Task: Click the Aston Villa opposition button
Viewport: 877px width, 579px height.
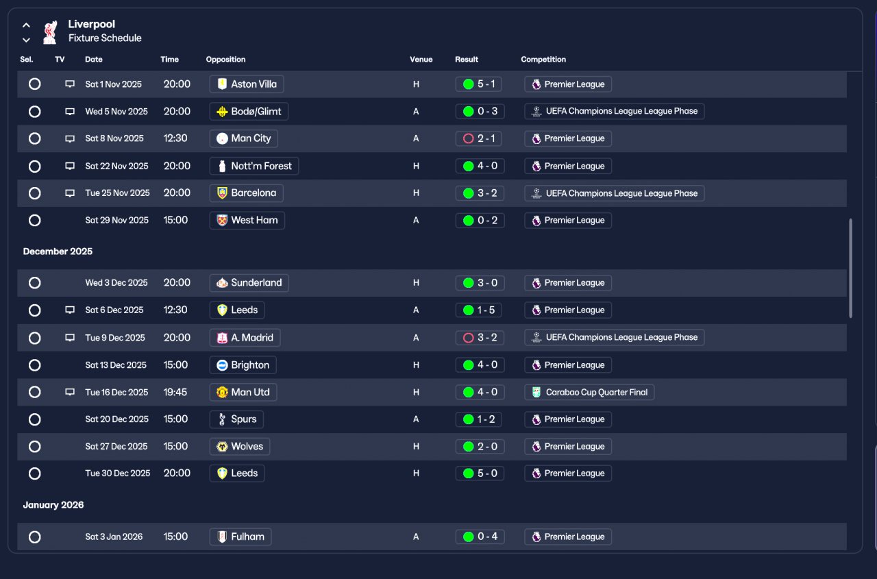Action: (246, 84)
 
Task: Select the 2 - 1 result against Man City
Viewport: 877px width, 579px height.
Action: (478, 138)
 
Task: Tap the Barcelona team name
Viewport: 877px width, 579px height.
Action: (254, 193)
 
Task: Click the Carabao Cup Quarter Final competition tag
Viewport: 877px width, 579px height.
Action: (589, 392)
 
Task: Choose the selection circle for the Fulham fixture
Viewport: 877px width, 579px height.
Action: (34, 537)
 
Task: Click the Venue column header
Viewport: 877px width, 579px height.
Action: (421, 60)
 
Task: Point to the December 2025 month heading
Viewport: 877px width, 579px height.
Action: (58, 251)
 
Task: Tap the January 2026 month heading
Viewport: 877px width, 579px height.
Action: (53, 505)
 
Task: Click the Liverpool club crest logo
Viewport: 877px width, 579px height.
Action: (50, 32)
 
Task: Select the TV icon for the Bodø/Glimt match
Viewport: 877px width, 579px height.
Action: (70, 112)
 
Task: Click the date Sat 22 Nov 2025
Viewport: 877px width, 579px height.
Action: (116, 166)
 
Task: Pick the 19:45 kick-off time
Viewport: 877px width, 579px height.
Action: (175, 392)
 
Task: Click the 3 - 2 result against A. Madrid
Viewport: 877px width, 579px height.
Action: (480, 337)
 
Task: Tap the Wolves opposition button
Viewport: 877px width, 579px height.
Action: (240, 446)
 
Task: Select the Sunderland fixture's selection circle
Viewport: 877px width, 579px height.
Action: (34, 283)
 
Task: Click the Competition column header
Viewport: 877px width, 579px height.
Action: (543, 60)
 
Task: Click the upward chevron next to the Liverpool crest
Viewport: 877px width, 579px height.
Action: (26, 25)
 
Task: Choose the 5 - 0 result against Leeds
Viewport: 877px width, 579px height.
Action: (480, 473)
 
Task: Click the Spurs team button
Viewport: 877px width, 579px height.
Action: (236, 419)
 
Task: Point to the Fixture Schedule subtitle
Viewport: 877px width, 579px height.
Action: (105, 38)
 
